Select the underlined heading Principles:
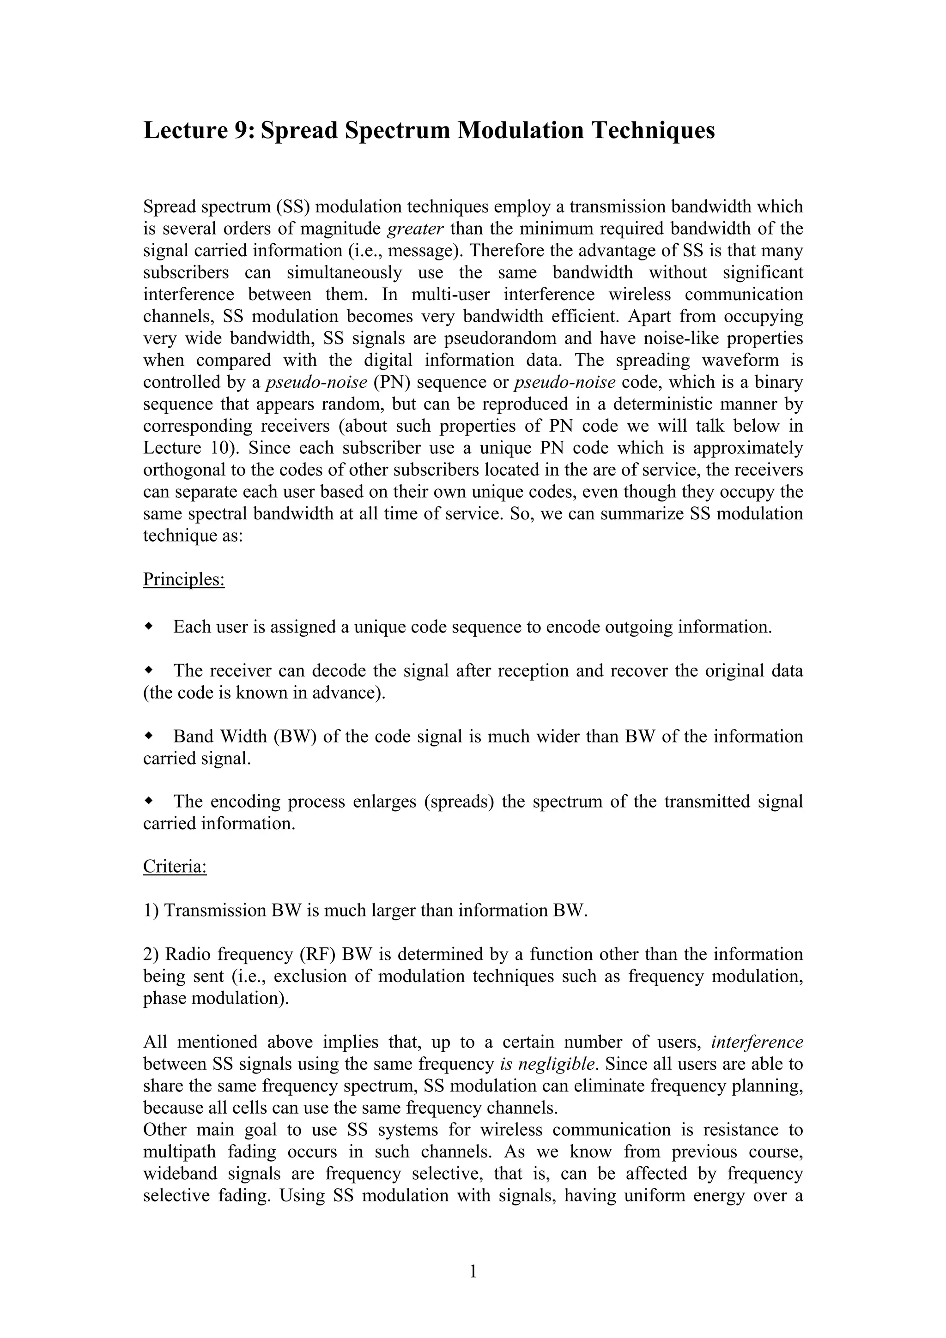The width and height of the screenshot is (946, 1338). coord(183,580)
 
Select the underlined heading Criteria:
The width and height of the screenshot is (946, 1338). coord(175,867)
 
